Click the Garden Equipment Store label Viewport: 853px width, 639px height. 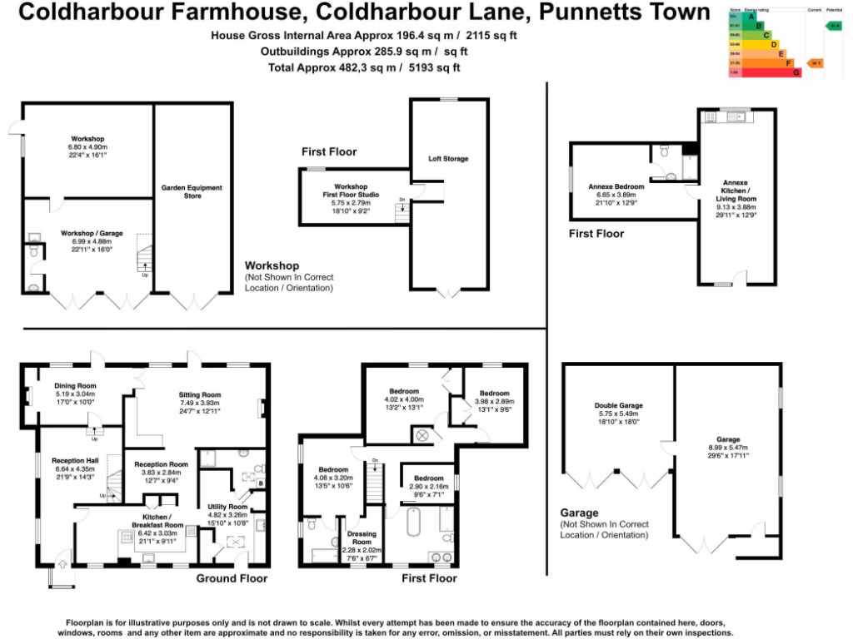pyautogui.click(x=192, y=192)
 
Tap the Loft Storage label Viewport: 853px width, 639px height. pyautogui.click(x=448, y=158)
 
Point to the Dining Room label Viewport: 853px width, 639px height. pyautogui.click(x=76, y=386)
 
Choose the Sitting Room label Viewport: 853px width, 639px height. pyautogui.click(x=200, y=394)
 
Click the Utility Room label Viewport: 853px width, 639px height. pyautogui.click(x=227, y=507)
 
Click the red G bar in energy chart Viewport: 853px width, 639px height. pyautogui.click(x=766, y=73)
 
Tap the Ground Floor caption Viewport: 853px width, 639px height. pyautogui.click(x=232, y=578)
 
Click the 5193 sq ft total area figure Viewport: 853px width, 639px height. pyautogui.click(x=433, y=67)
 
